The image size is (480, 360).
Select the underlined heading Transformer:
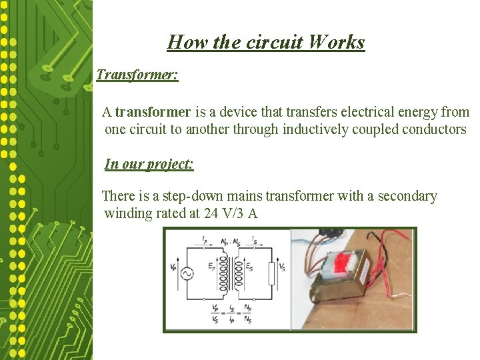137,74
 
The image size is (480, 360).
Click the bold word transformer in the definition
153,112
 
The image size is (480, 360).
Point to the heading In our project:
149,164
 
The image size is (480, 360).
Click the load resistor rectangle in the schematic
271,273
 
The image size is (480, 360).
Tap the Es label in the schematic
249,267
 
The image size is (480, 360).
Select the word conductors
434,129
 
